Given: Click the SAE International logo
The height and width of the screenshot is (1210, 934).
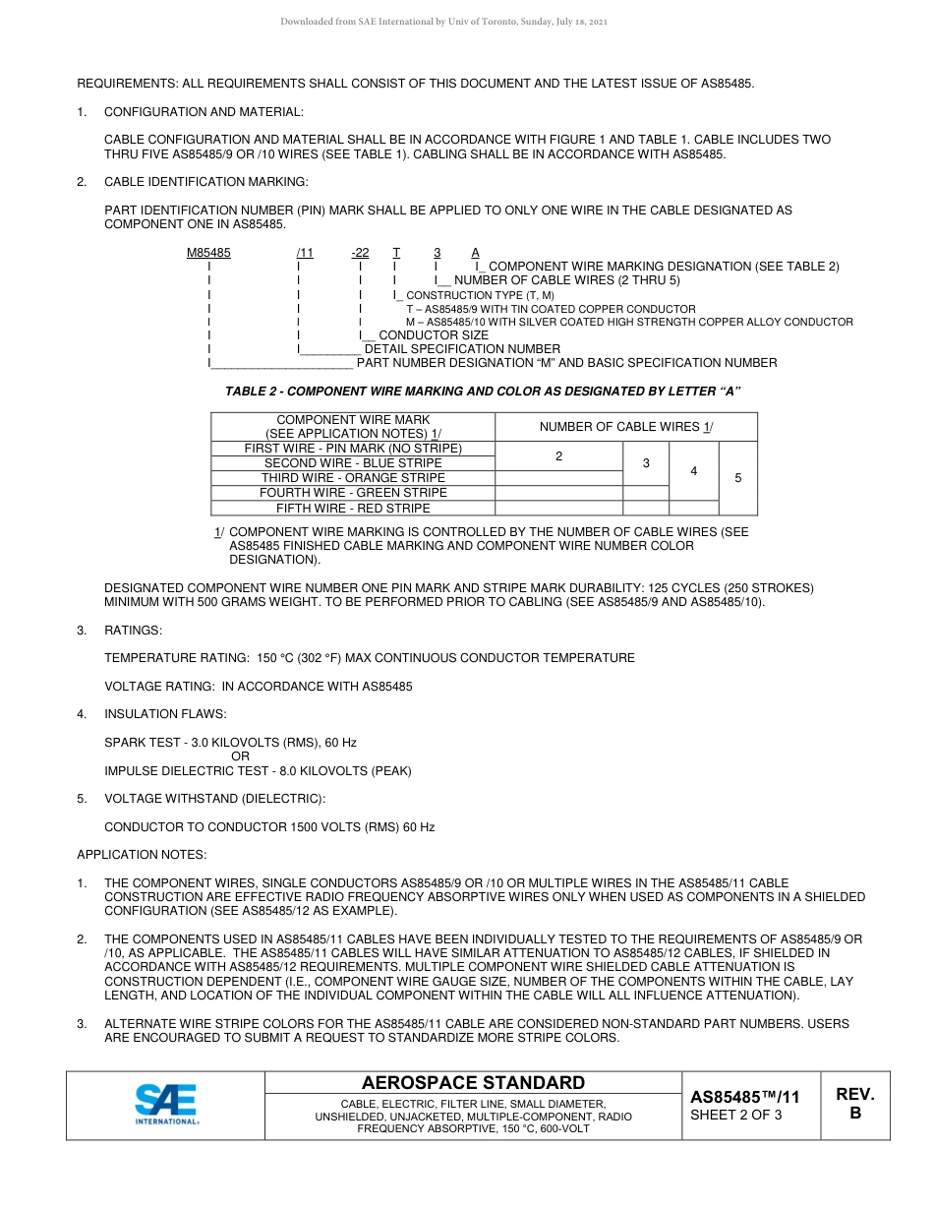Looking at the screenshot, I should click(166, 1104).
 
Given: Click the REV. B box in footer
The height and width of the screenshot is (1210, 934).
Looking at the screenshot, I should click(854, 1104).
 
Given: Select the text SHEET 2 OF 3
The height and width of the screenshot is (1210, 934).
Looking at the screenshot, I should click(736, 1115).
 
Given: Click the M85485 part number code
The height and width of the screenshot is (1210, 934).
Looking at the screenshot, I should click(208, 253).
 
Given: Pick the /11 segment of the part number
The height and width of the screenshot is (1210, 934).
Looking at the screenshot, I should click(305, 253).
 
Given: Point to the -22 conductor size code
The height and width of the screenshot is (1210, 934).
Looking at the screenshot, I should click(360, 253).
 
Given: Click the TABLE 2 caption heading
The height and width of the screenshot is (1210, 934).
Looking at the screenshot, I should click(483, 391).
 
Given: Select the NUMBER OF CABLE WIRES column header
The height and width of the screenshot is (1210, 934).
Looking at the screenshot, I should click(626, 426).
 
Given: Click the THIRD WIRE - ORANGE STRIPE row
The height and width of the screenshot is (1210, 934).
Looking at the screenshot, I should click(353, 478).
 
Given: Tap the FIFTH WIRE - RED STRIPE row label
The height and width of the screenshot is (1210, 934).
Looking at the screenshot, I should click(353, 509).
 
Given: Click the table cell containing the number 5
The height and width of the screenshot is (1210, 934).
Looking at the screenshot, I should click(738, 478).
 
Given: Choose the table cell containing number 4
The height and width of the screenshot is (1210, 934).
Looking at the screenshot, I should click(694, 471).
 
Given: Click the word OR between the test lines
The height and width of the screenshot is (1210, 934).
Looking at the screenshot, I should click(241, 756).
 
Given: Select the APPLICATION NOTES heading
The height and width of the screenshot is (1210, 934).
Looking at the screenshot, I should click(142, 855).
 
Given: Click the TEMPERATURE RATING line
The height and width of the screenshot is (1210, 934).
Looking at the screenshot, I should click(369, 658).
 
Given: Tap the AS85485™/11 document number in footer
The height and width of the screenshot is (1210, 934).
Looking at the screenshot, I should click(744, 1096).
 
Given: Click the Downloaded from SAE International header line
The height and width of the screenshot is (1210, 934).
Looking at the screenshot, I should click(443, 21).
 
